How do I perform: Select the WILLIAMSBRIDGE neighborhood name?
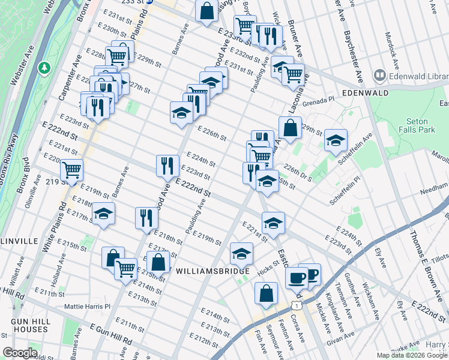pyautogui.click(x=212, y=271)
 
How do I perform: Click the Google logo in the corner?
pyautogui.click(x=20, y=353)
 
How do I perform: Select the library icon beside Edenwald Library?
pyautogui.click(x=379, y=76)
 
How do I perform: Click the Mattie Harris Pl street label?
pyautogui.click(x=88, y=306)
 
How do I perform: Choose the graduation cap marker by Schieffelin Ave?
pyautogui.click(x=336, y=140)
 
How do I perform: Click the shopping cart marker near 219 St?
pyautogui.click(x=71, y=170)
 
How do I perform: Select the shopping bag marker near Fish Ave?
pyautogui.click(x=266, y=294)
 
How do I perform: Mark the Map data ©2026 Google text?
pyautogui.click(x=412, y=355)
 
